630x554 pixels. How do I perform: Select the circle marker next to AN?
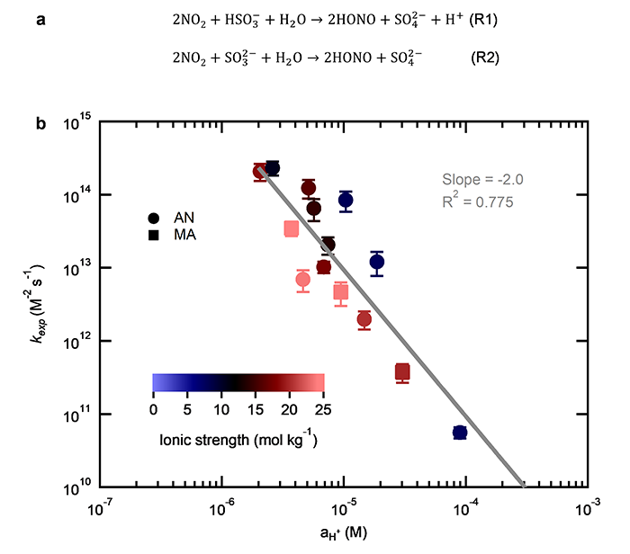[x=154, y=217]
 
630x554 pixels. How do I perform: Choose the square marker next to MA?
[x=154, y=235]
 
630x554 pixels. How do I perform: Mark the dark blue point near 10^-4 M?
[x=459, y=433]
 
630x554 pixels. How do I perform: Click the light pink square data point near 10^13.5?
[x=292, y=228]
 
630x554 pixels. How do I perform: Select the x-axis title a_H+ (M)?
[x=341, y=533]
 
